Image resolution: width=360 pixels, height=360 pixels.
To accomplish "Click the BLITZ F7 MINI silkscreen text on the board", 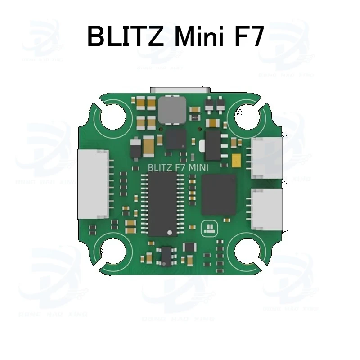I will (177, 166).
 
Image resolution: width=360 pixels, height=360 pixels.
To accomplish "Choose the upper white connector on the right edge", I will (267, 157).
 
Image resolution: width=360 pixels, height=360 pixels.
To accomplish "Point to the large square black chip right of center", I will (219, 194).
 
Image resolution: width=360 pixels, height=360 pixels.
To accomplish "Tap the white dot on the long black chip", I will (170, 232).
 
